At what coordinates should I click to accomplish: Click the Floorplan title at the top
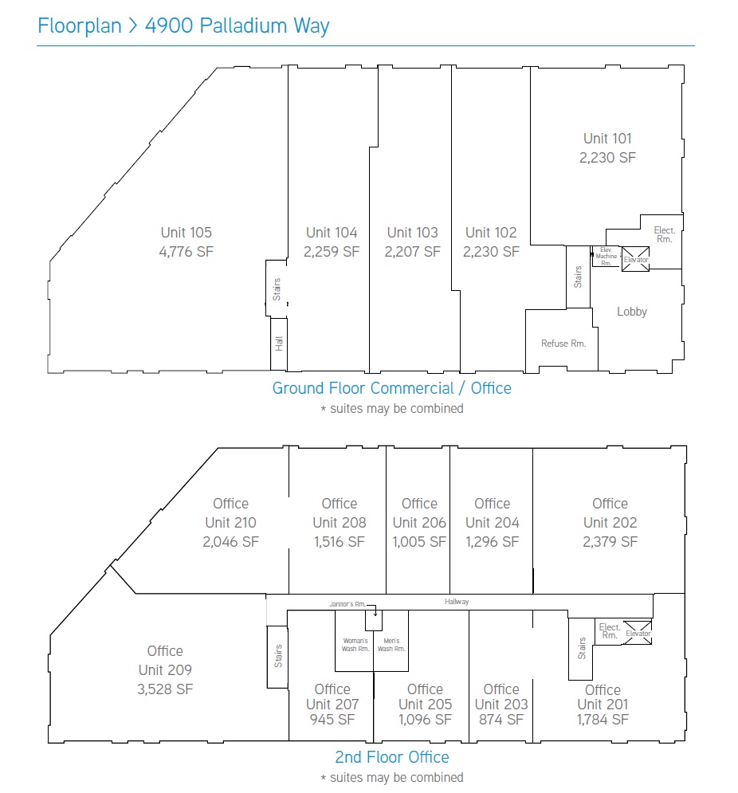[183, 26]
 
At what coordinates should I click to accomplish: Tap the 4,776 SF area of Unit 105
[186, 251]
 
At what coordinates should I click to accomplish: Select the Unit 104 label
[332, 233]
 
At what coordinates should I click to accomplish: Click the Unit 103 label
[412, 233]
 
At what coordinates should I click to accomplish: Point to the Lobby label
[632, 312]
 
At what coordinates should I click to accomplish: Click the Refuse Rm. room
[563, 344]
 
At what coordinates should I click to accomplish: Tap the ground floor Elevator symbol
[635, 259]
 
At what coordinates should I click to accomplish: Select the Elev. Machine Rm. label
[606, 257]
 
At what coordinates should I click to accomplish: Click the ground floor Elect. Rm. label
[664, 234]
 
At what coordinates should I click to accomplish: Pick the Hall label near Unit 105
[279, 344]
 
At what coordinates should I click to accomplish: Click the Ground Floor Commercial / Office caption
[391, 388]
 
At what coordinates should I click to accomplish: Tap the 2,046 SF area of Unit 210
[230, 542]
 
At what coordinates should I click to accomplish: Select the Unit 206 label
[419, 523]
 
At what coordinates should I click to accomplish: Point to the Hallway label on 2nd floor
[457, 601]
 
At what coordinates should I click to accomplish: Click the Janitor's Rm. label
[347, 604]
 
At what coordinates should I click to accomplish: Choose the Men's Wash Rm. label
[391, 645]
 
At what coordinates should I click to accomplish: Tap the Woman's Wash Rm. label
[355, 645]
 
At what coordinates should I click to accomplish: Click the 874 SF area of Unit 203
[501, 719]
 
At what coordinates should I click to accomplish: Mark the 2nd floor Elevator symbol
[638, 633]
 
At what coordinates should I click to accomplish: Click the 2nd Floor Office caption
[392, 757]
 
